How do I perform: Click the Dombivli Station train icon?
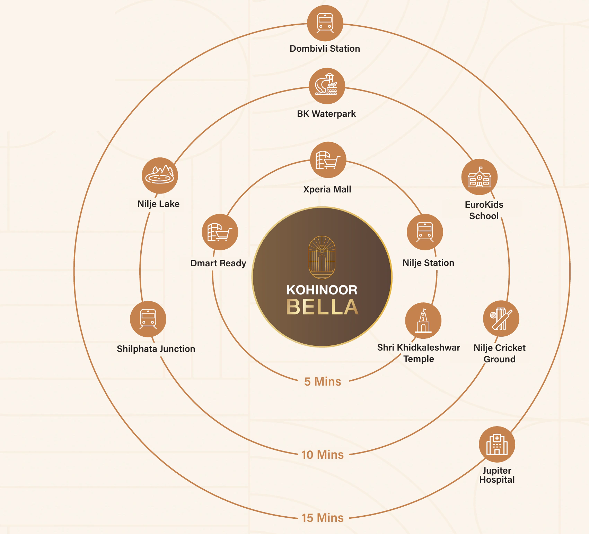(325, 23)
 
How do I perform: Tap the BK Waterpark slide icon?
(327, 86)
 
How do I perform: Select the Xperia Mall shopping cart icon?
(328, 160)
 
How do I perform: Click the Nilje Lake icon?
(160, 176)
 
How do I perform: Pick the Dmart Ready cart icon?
(220, 232)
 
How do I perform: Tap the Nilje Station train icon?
(425, 232)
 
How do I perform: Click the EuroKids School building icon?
(480, 177)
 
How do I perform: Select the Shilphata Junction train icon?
(148, 319)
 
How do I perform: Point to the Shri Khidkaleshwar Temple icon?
(423, 321)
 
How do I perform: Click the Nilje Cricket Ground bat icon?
(501, 319)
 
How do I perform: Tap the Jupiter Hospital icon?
(497, 444)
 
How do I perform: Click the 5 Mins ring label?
(323, 381)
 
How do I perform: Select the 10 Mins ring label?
(323, 455)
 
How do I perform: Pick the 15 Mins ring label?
(323, 518)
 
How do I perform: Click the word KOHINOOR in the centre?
(322, 290)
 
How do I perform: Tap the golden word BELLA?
(322, 307)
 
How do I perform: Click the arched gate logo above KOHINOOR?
(322, 257)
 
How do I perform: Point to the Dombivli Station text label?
(325, 49)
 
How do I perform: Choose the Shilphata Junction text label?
(156, 349)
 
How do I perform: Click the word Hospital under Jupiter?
(497, 480)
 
